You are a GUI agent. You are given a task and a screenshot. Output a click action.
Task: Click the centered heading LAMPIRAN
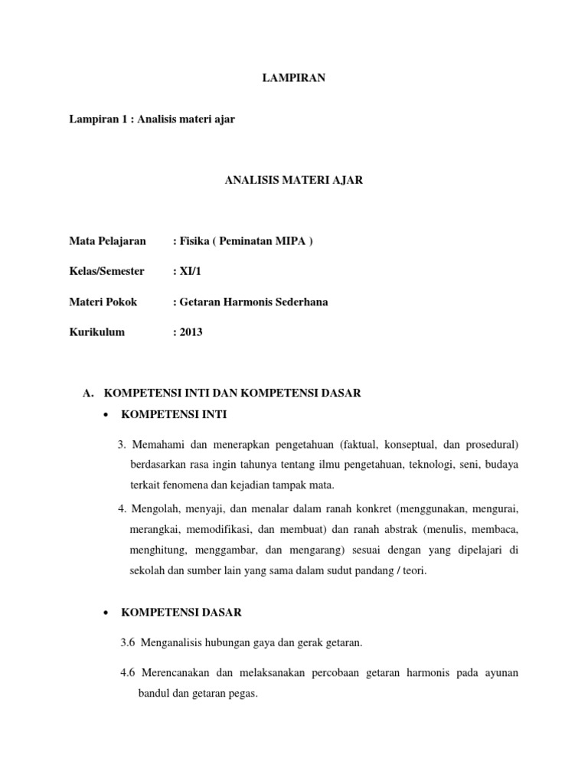tap(294, 78)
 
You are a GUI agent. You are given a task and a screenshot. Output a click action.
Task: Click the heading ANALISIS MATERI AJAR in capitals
tap(294, 181)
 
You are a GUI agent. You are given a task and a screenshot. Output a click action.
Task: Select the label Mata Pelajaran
tap(107, 241)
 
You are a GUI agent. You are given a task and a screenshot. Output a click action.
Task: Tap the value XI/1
tap(191, 272)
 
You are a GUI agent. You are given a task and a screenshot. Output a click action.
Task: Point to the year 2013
tap(191, 332)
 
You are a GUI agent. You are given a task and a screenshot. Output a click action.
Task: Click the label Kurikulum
tap(96, 332)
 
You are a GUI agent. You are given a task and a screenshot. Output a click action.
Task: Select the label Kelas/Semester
tap(106, 272)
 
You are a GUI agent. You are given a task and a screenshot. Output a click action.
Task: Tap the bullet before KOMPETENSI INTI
tap(103, 415)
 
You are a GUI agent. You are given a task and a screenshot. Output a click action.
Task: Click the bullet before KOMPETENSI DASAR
tap(103, 612)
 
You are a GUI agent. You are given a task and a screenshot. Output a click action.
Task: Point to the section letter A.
tap(87, 393)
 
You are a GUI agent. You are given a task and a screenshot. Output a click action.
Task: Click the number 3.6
tap(127, 643)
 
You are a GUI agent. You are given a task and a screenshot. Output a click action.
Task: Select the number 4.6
tap(128, 673)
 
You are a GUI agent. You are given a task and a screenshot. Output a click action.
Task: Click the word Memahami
tap(156, 445)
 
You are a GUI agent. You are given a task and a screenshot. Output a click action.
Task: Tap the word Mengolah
tap(153, 509)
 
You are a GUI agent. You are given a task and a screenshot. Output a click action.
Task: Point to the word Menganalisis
tap(171, 643)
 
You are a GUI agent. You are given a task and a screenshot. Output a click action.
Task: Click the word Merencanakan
tap(175, 673)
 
